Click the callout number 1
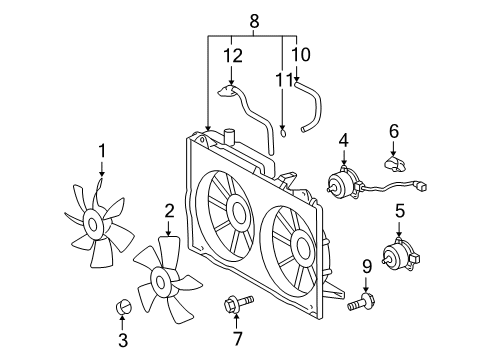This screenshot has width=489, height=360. tap(101, 151)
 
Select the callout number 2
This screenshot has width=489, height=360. tap(169, 210)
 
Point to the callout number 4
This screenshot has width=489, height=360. tap(342, 140)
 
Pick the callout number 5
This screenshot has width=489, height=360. tap(399, 210)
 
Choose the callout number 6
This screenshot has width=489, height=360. tap(393, 130)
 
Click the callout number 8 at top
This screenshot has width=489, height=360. tap(254, 20)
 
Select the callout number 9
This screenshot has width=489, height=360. tap(366, 266)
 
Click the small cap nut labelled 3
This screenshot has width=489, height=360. tap(123, 305)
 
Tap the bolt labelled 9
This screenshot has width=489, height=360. tap(361, 301)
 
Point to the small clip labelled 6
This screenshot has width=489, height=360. tap(393, 160)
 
